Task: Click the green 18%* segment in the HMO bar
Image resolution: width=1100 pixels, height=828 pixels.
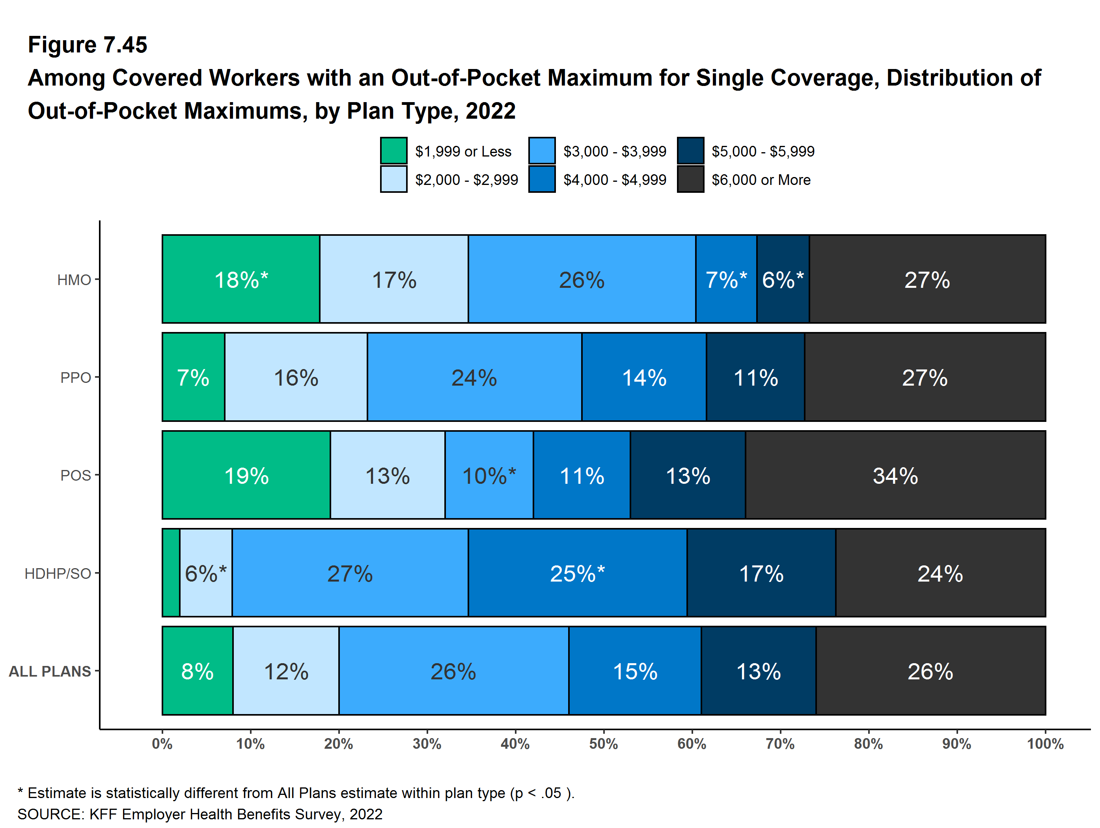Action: pos(241,279)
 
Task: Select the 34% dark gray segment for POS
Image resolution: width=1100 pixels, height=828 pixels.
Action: pos(895,475)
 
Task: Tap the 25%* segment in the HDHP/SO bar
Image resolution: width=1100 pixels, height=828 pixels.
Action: pos(577,573)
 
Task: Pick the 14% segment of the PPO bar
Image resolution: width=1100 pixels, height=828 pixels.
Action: pos(644,377)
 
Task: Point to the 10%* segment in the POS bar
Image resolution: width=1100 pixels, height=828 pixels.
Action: pos(489,475)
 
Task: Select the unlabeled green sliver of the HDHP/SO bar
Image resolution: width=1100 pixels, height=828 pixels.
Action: pos(171,573)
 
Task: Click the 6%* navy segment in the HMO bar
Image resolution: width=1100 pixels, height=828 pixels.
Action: pos(783,279)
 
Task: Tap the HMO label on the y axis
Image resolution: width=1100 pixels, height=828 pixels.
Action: pos(74,280)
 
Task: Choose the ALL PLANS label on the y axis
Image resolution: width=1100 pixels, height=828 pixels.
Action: pos(50,671)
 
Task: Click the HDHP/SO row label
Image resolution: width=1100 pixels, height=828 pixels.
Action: pos(58,573)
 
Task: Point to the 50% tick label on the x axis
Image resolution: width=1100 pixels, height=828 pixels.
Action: pos(603,744)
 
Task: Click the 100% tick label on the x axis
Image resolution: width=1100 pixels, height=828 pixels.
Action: pos(1045,744)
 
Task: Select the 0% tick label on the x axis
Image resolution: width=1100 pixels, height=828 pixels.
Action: pos(162,744)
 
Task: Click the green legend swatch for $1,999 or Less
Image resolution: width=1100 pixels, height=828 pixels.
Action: pos(393,151)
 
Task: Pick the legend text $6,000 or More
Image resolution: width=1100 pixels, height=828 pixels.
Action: pos(761,179)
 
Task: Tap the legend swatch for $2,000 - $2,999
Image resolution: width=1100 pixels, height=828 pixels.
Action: pos(393,179)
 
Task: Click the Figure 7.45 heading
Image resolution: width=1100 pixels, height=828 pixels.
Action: pos(88,45)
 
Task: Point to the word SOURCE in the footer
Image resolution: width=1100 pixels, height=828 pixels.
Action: pos(50,814)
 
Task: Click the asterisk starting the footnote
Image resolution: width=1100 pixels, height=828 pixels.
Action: pos(21,792)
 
